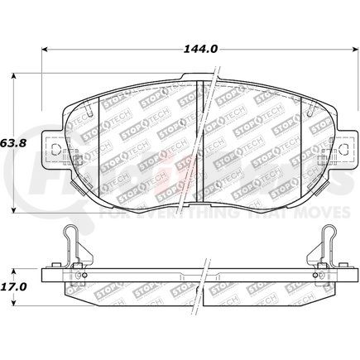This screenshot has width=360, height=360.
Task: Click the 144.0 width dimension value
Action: tap(202, 49)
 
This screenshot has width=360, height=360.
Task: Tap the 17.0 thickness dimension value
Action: tap(14, 286)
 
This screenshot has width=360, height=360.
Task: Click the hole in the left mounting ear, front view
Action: tap(59, 151)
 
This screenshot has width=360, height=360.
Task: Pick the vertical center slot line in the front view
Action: tap(201, 141)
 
